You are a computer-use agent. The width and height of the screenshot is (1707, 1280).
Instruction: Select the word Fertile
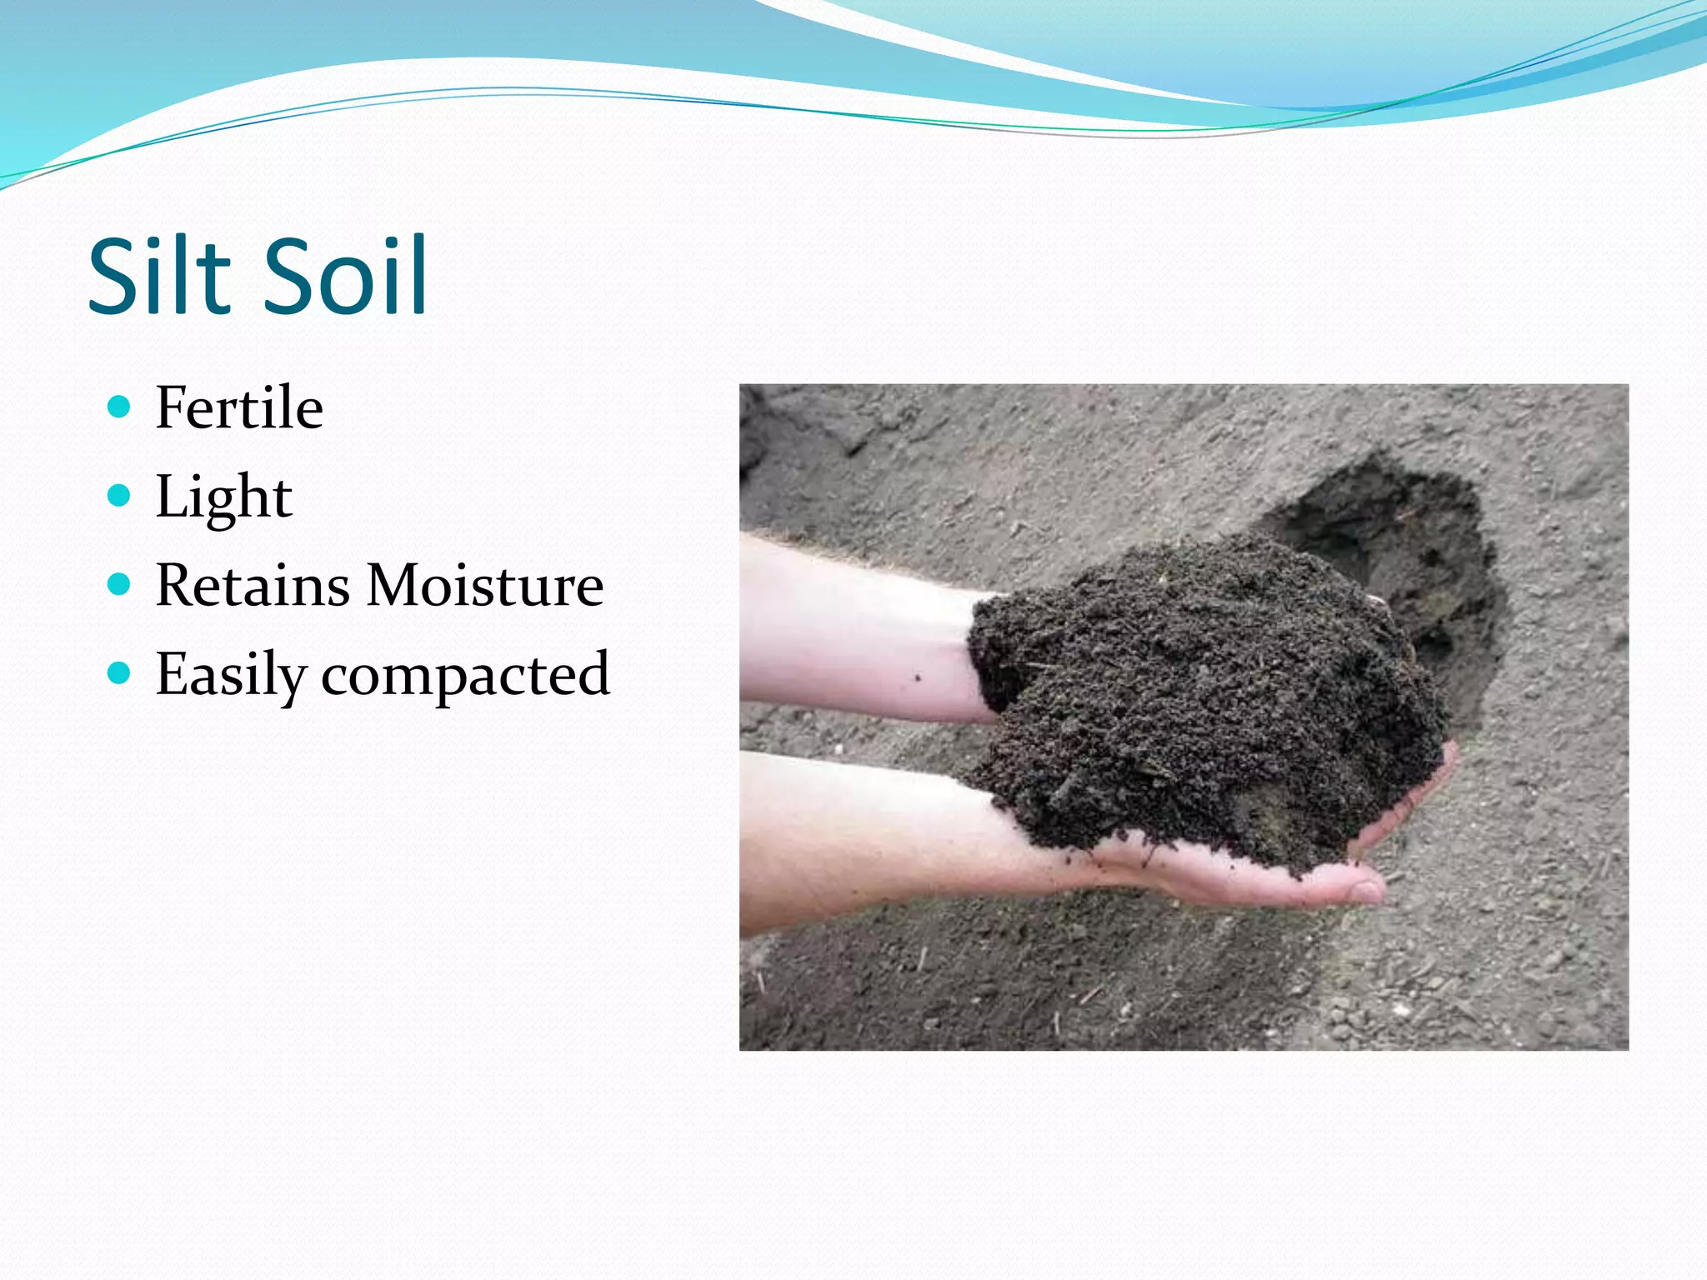coord(239,407)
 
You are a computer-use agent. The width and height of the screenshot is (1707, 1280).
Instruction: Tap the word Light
coord(223,497)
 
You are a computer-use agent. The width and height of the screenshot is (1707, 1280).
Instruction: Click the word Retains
coord(253,585)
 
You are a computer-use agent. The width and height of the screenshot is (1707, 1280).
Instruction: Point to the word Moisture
coord(484,585)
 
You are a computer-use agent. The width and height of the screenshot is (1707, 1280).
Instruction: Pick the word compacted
coord(465,675)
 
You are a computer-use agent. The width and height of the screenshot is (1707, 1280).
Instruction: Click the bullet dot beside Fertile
coord(120,407)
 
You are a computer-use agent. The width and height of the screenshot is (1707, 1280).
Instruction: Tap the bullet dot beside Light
coord(120,496)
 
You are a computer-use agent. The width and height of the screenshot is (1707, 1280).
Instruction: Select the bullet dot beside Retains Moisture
coord(120,584)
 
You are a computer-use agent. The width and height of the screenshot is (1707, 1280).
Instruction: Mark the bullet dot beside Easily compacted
coord(120,672)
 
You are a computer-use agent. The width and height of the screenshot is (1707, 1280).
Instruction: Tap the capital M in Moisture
coord(397,585)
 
